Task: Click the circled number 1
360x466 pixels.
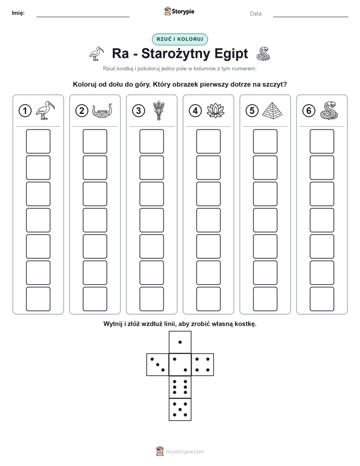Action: (x=25, y=111)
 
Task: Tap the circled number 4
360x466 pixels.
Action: (x=195, y=111)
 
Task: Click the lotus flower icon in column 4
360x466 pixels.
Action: (x=216, y=110)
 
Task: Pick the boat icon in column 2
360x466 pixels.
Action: (x=102, y=111)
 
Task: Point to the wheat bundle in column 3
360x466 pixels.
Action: (x=159, y=110)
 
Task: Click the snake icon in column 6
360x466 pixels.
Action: (x=329, y=110)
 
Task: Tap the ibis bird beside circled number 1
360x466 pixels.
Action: (x=45, y=110)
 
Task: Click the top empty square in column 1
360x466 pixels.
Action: (x=38, y=141)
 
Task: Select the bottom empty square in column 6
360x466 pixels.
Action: (x=322, y=299)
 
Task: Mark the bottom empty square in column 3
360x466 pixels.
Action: (x=152, y=299)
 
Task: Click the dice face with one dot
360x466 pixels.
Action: (x=180, y=342)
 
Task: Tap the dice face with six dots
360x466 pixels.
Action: (x=180, y=387)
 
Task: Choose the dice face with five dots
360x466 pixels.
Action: (x=180, y=410)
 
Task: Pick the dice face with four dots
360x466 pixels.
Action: (x=203, y=365)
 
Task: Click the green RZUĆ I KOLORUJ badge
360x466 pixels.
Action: (x=180, y=39)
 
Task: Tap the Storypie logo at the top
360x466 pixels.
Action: (x=179, y=12)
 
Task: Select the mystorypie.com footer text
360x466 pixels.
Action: (x=185, y=452)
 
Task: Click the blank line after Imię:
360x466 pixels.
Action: (x=83, y=17)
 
